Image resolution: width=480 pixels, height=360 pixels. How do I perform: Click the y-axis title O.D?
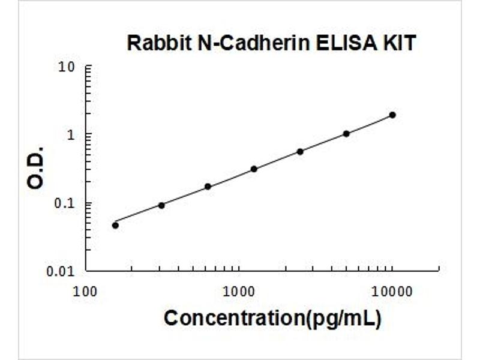point(36,167)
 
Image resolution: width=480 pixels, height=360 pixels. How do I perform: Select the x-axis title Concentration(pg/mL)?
point(272,318)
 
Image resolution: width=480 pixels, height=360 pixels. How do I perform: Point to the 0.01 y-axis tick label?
point(61,271)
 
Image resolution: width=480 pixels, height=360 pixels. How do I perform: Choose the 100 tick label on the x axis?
point(86,292)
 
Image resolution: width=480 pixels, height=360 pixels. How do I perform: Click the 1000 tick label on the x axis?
point(239,292)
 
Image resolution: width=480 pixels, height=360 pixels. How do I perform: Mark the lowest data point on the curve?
point(115,225)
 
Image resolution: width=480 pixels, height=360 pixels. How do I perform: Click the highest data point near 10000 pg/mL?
point(392,115)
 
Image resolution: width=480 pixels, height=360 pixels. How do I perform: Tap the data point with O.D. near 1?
point(346,134)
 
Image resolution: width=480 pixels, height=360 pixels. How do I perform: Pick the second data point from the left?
point(161,205)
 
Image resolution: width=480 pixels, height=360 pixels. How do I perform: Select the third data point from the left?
point(208,187)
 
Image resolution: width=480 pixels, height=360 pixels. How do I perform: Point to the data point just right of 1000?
point(254,169)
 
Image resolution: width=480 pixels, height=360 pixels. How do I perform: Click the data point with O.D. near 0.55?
point(300,151)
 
